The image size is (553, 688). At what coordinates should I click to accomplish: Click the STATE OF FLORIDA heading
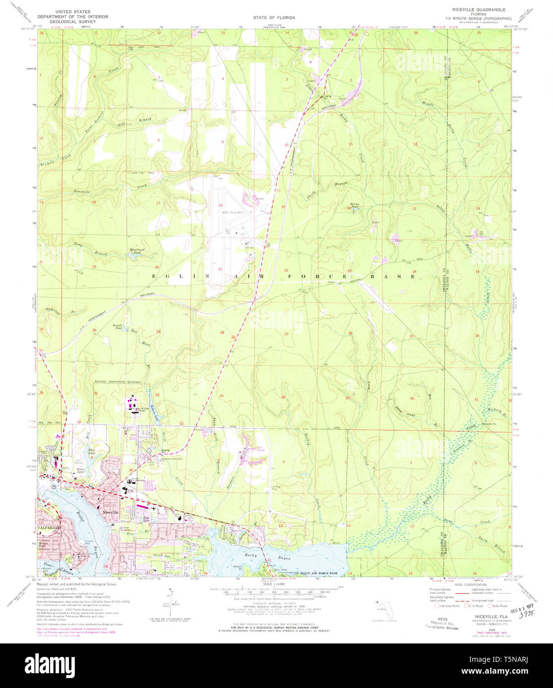click(274, 17)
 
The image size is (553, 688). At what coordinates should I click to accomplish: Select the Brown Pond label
click(355, 205)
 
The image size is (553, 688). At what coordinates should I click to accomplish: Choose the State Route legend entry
click(499, 605)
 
